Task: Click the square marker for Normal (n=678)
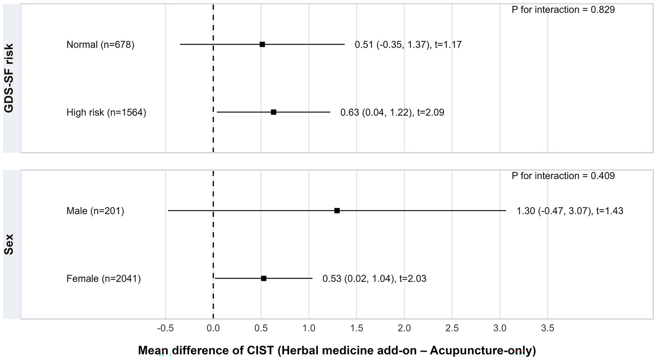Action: point(262,44)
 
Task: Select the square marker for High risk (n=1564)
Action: point(274,112)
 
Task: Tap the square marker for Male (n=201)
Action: point(337,211)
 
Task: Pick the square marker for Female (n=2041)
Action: point(264,278)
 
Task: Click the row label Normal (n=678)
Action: point(100,45)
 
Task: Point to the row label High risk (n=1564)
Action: point(106,112)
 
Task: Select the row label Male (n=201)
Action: point(95,211)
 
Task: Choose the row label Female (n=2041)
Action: point(103,279)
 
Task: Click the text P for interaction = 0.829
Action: point(563,10)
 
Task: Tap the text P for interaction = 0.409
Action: point(563,176)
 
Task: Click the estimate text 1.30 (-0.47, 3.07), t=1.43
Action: point(570,211)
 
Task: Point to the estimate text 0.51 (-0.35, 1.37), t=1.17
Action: point(408,45)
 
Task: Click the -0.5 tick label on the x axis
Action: point(165,328)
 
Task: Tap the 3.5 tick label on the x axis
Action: point(547,328)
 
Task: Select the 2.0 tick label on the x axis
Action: point(404,328)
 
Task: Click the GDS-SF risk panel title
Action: point(9,78)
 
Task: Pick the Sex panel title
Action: point(9,244)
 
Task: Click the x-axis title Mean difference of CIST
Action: point(337,350)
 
